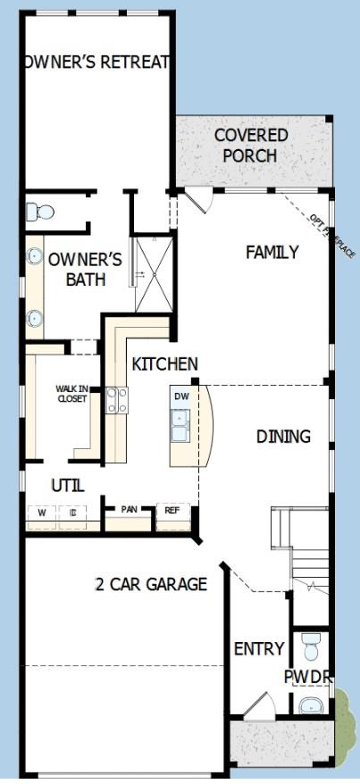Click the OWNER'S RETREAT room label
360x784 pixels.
coord(96,62)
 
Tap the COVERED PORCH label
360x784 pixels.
coord(251,145)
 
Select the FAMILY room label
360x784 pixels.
coord(272,253)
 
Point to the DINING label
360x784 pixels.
coord(283,437)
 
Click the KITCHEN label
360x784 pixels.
coord(164,364)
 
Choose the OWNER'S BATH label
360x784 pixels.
coord(84,269)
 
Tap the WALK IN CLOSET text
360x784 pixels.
coord(71,394)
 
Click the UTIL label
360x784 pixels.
coord(67,486)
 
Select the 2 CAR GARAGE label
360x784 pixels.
coord(151,584)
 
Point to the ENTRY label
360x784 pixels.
coord(258,648)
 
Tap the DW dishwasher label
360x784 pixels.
coord(181,396)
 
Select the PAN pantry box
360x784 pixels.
coord(130,510)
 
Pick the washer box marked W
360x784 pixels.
coord(41,513)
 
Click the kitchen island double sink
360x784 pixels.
coord(181,424)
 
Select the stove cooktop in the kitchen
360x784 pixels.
coord(117,400)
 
